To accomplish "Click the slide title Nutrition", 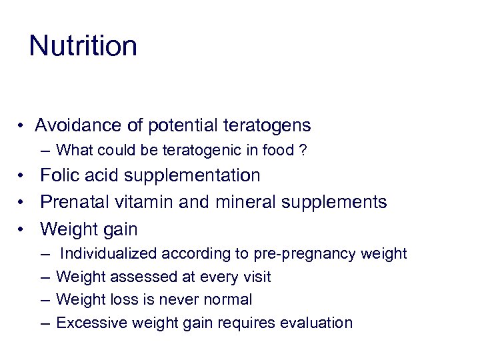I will [83, 46].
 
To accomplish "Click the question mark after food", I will [303, 151].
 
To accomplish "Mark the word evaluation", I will [316, 323].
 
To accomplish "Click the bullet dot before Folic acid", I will [22, 176].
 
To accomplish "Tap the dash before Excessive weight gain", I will [45, 323].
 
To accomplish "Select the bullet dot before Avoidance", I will [22, 126].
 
